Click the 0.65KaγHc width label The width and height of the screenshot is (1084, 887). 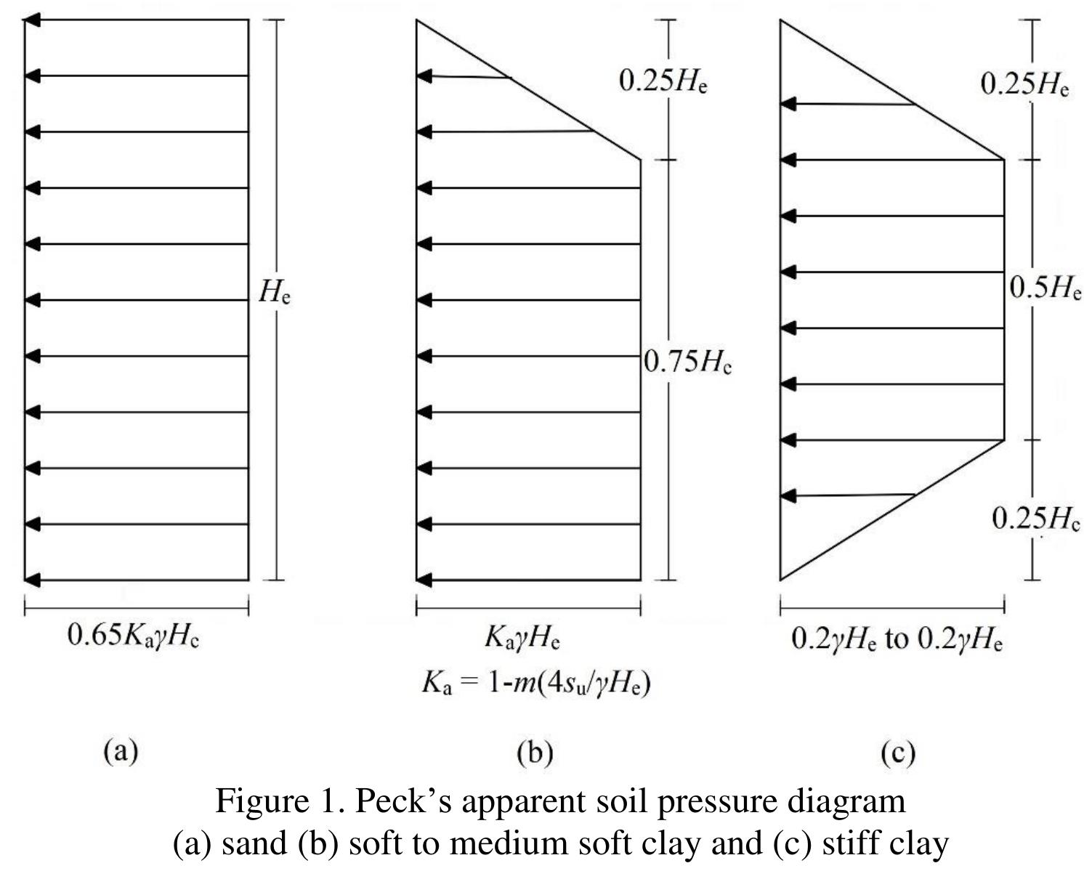[133, 636]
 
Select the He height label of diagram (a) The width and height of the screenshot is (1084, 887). [275, 293]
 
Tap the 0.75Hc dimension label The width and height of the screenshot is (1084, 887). [687, 361]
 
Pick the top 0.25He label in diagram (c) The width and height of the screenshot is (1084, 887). [1024, 84]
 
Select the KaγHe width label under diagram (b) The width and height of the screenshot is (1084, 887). [522, 638]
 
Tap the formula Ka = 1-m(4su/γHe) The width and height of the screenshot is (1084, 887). [535, 684]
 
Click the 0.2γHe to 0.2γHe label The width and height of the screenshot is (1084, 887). [897, 639]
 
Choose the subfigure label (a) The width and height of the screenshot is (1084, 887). [121, 750]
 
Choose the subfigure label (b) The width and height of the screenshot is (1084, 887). [535, 753]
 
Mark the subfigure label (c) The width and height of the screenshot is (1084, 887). [897, 753]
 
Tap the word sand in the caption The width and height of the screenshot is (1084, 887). [254, 843]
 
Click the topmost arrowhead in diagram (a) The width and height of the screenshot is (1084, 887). [32, 20]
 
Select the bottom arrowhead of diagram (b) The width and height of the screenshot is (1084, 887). [424, 580]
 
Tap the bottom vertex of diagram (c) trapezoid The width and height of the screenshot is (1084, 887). [781, 580]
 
